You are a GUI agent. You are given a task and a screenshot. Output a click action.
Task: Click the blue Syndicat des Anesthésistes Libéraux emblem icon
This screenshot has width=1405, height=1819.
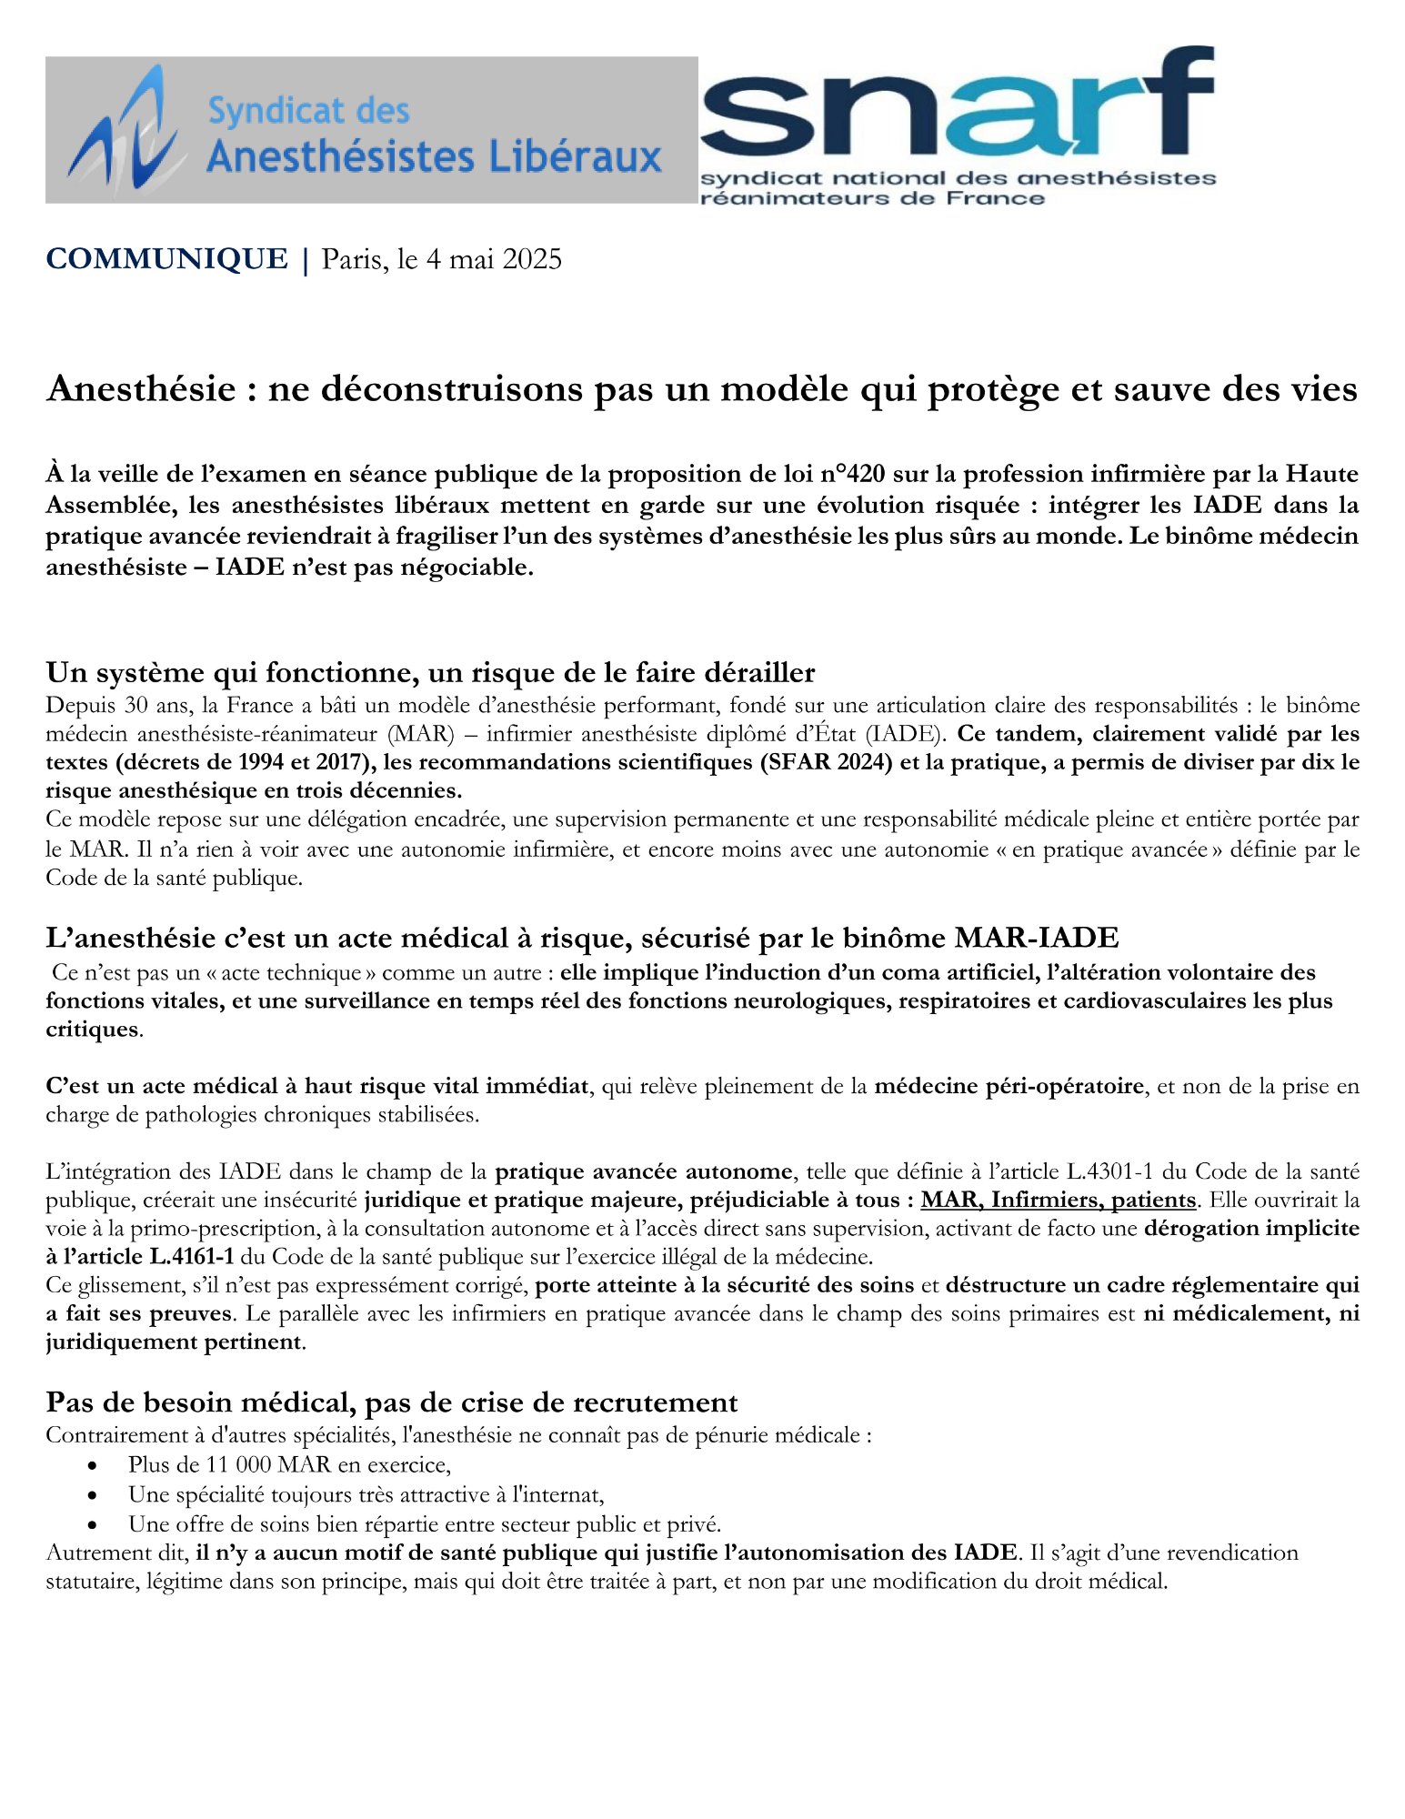click(x=127, y=129)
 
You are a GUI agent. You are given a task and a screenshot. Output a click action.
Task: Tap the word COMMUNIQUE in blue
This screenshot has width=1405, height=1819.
click(x=166, y=259)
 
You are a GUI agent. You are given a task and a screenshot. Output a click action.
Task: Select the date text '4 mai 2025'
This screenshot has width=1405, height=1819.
click(x=494, y=259)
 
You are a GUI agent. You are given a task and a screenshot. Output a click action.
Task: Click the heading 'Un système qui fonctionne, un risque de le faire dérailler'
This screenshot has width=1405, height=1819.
click(x=430, y=673)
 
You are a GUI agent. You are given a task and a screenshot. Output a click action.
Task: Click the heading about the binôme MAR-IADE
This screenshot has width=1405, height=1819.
click(x=582, y=938)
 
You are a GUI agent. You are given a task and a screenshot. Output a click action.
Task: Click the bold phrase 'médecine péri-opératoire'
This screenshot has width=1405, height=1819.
click(x=1009, y=1086)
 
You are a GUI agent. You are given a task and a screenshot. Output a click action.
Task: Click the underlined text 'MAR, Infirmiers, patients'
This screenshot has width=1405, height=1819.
click(x=1058, y=1200)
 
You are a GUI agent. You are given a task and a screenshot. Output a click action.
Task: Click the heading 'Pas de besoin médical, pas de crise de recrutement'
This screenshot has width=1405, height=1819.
click(x=392, y=1402)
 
